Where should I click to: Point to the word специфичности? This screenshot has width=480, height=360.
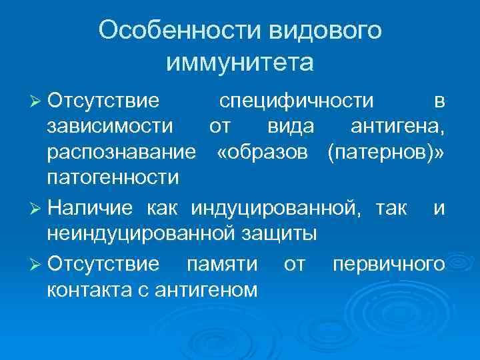[297, 101]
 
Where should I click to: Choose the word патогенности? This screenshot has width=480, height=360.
[113, 178]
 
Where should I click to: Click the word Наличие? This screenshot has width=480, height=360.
[89, 208]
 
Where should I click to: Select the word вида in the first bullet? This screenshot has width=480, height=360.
[287, 126]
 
